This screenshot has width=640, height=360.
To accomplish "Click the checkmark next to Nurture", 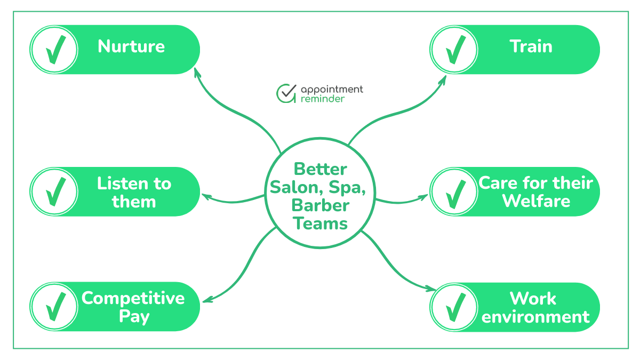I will [54, 50].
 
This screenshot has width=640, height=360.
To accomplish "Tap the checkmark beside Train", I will [454, 50].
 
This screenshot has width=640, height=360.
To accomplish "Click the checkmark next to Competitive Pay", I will [54, 307].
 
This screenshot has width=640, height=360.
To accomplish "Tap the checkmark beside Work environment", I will [454, 307].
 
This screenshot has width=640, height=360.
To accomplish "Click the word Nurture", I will [131, 46].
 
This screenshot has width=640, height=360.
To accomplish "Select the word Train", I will [531, 46].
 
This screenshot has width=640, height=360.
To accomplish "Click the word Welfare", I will [536, 201].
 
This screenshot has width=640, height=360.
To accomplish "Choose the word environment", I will [535, 316].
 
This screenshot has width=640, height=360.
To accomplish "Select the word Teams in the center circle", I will [321, 223].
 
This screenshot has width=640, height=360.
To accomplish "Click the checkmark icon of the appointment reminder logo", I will [286, 93].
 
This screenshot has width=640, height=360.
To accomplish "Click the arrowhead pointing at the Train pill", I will [444, 79].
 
